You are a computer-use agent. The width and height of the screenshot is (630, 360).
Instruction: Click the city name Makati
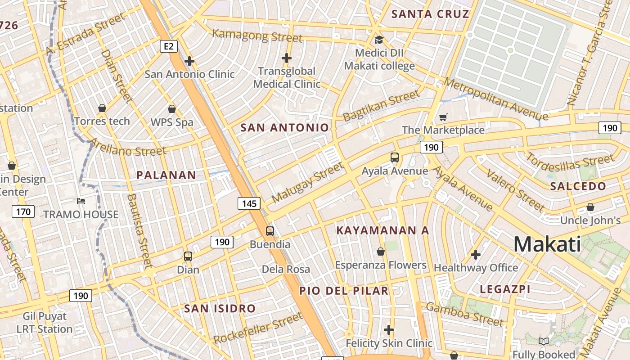coord(547,244)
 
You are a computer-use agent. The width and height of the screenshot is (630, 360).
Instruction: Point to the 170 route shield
coord(23,211)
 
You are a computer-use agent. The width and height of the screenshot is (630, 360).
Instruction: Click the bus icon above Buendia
coord(270,231)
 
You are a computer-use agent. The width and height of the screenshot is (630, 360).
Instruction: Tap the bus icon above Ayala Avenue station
coord(395,157)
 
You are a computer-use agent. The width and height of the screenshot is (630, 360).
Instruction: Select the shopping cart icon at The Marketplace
coord(443,117)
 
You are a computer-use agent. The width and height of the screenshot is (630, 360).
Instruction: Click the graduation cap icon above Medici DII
coord(379,40)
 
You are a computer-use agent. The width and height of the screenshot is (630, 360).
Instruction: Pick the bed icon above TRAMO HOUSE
coord(81,201)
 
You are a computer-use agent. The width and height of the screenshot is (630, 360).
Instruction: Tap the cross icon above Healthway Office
coord(475,255)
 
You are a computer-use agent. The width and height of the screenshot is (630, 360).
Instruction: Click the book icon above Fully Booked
coord(544,341)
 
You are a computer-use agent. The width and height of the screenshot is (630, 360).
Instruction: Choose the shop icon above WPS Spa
coord(171,109)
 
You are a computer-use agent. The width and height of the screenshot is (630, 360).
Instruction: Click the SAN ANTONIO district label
coord(284,128)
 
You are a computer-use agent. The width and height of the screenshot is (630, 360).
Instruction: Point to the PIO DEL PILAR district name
coord(344,291)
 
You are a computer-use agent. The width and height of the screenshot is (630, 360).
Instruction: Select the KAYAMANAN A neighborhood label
coord(382,231)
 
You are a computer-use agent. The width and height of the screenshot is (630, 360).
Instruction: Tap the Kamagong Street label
coord(257,36)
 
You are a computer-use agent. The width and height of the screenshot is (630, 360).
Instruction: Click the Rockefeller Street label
coord(258,328)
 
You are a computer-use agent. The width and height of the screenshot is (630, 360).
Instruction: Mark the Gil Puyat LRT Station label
coord(45,323)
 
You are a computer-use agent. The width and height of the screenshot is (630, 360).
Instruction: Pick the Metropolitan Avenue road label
coord(496,99)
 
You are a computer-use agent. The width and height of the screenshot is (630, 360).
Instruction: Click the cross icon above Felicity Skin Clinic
coord(389,330)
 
